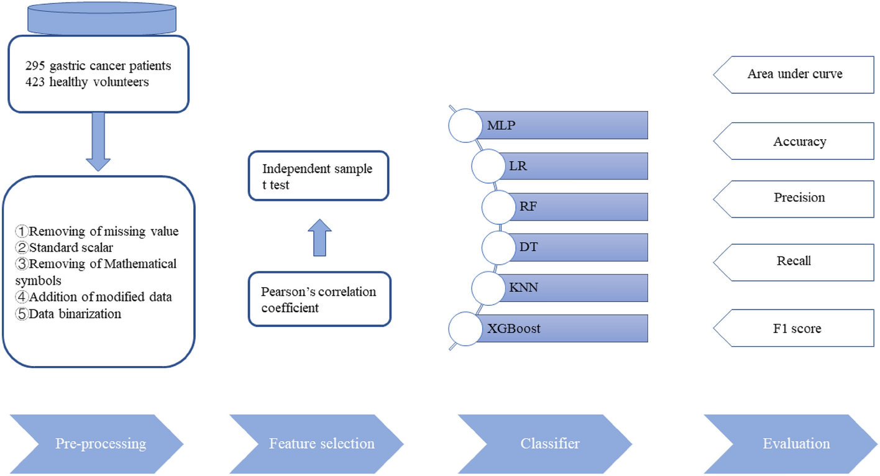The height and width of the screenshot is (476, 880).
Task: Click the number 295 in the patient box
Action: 35,66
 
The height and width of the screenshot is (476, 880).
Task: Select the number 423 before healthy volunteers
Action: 35,81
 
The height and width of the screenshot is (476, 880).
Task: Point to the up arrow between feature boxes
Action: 319,237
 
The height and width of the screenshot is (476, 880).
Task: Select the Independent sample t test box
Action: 318,176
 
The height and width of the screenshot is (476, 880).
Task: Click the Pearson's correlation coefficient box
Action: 319,299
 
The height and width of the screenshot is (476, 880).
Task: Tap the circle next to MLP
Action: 465,126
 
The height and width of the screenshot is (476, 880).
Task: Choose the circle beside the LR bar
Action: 488,166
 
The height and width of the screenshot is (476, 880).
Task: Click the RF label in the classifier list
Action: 528,207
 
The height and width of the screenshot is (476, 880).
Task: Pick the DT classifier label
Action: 528,247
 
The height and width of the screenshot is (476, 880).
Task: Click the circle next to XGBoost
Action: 465,328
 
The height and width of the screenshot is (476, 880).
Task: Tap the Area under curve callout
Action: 794,75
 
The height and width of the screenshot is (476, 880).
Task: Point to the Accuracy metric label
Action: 799,142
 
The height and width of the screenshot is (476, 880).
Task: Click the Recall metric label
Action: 794,261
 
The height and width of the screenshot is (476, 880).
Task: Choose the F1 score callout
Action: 797,328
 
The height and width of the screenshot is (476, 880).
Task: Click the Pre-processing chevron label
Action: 101,444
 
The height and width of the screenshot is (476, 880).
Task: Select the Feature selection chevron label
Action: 321,444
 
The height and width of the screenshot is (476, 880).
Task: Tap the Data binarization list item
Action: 75,314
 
